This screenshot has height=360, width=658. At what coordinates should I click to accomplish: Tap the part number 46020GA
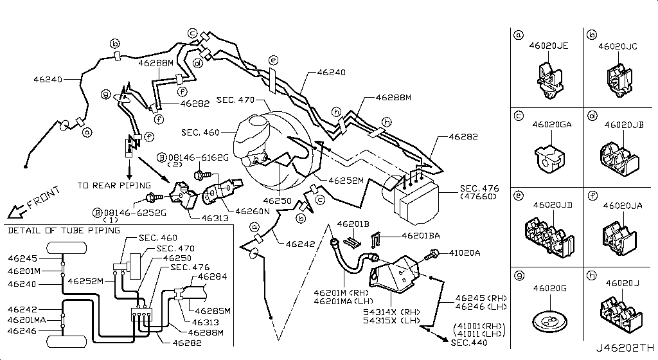(551, 126)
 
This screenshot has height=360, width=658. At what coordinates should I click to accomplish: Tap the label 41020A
(464, 253)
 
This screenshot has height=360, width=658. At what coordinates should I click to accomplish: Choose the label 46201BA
(420, 236)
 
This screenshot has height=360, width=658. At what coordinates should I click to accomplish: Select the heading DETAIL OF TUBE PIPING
(57, 230)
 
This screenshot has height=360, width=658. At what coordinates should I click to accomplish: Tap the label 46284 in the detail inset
(211, 276)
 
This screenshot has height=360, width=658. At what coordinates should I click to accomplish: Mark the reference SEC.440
(468, 344)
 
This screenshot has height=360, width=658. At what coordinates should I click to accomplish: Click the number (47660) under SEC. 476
(478, 197)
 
